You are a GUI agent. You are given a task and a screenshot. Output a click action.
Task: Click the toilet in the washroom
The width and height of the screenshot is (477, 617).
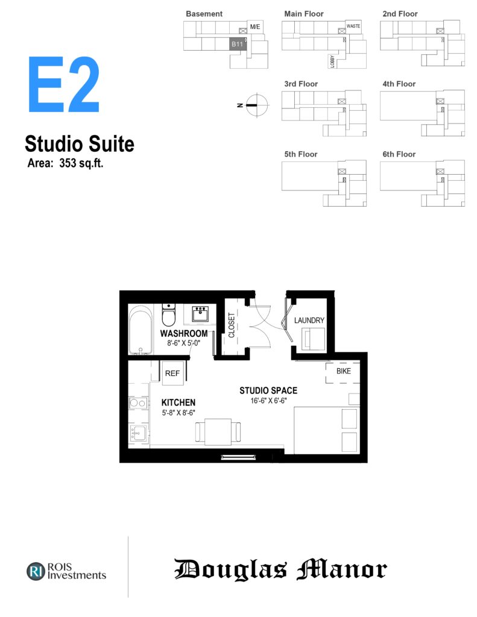click(x=169, y=315)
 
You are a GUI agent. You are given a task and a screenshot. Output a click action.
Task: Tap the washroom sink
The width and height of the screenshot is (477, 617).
click(x=200, y=313)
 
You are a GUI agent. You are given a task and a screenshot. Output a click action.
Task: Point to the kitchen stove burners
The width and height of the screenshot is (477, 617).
click(x=138, y=403)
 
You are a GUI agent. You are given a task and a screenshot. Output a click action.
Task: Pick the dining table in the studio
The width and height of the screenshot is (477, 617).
click(x=218, y=431)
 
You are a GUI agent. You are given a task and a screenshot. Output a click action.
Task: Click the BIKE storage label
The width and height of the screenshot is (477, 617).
click(x=344, y=371)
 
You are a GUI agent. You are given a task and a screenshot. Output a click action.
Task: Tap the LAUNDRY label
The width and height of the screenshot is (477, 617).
click(x=309, y=321)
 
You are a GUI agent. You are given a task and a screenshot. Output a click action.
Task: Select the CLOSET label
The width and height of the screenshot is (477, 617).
click(x=232, y=325)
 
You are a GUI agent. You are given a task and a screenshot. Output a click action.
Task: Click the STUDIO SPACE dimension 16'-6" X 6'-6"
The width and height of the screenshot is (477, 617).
click(x=268, y=401)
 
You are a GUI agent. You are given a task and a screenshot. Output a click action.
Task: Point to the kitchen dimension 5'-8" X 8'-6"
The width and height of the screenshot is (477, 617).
click(x=178, y=413)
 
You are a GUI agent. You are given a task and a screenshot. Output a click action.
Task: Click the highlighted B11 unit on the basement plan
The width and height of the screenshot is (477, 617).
click(x=238, y=44)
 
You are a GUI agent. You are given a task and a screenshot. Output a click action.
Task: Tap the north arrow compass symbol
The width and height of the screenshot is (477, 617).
click(x=256, y=105)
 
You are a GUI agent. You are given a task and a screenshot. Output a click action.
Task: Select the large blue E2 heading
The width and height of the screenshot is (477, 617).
click(x=63, y=84)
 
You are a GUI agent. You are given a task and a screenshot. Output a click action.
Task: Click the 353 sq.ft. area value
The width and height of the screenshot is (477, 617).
click(x=81, y=163)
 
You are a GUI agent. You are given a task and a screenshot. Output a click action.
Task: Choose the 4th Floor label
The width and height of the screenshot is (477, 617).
click(x=399, y=84)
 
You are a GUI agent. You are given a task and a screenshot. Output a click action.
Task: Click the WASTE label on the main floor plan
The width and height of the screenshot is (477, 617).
click(x=353, y=26)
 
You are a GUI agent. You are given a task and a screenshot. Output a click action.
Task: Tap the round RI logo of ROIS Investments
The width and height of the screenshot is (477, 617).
click(x=36, y=571)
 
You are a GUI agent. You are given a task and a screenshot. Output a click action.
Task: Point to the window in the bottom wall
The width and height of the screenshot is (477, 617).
click(x=238, y=457)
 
